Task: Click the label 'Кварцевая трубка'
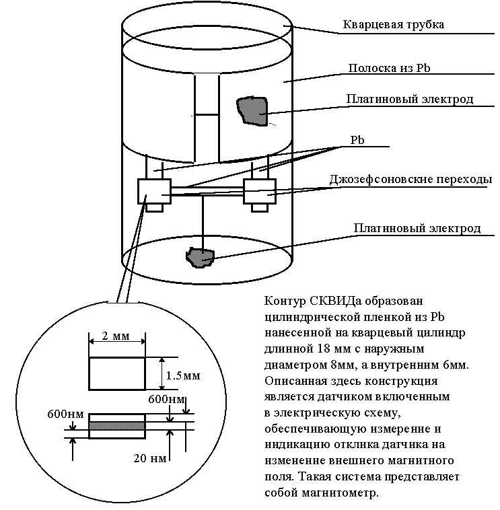click(394, 25)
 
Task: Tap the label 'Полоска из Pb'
click(388, 68)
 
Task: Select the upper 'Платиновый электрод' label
click(410, 100)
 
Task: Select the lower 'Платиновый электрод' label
click(417, 228)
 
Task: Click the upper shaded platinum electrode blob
click(252, 110)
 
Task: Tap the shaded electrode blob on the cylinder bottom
click(200, 256)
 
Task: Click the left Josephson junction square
click(153, 190)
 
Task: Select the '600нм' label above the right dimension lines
click(166, 400)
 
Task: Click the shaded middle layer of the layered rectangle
click(116, 425)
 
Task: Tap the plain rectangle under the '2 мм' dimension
click(116, 373)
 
